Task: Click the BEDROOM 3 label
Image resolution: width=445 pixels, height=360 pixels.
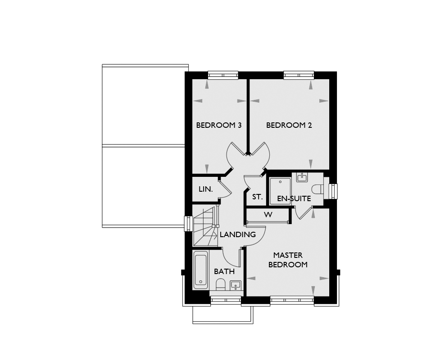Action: click(219, 125)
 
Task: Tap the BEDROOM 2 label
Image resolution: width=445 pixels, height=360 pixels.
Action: click(289, 125)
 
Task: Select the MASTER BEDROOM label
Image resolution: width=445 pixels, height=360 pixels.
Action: click(288, 260)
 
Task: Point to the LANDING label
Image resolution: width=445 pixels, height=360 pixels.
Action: click(238, 234)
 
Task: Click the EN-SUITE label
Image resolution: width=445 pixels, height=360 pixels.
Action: click(294, 198)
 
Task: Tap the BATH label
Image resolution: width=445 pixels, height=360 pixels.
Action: click(224, 271)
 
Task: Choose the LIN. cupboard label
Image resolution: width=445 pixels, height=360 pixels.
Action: click(206, 189)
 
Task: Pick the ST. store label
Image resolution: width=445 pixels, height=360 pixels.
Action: click(258, 197)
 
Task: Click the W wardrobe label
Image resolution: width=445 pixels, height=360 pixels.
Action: click(268, 215)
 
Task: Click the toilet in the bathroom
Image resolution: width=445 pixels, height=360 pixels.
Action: click(220, 284)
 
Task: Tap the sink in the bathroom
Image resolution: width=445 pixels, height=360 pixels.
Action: click(235, 285)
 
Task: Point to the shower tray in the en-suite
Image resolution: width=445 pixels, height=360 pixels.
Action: click(280, 191)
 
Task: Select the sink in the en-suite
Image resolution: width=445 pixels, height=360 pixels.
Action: click(302, 177)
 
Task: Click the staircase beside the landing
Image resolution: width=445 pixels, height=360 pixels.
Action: click(205, 226)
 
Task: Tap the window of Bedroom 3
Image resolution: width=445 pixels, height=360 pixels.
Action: click(223, 75)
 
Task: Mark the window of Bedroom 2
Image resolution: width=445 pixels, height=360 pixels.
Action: click(299, 75)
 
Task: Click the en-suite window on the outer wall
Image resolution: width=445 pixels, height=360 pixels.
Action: click(333, 191)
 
